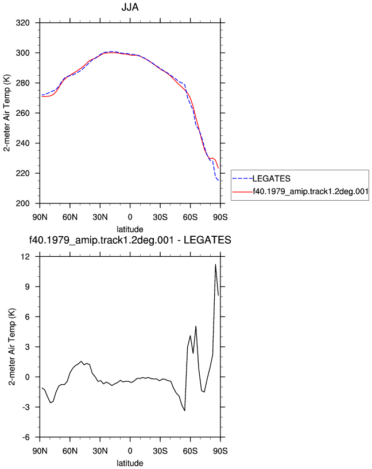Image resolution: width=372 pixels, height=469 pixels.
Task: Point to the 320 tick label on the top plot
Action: coord(23,23)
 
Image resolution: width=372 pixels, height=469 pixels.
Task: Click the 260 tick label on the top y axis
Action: coord(23,113)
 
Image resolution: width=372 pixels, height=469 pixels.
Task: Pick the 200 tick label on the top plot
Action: coord(23,204)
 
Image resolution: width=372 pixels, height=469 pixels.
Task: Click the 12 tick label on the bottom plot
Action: coord(26,256)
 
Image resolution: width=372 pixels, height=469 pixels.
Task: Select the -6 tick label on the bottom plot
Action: coord(26,437)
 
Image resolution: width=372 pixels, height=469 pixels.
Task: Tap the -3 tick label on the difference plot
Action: coord(26,407)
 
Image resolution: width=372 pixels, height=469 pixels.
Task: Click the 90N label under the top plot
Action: coord(40,217)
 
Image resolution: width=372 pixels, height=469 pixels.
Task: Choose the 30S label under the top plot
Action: coord(160,217)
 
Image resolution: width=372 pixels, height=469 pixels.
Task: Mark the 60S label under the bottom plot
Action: coord(190,451)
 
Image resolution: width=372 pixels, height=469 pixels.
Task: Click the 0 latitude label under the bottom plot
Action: coord(130,451)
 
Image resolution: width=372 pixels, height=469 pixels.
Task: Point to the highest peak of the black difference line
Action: coord(215,264)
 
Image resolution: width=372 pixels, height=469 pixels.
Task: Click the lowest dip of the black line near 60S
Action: coord(184,411)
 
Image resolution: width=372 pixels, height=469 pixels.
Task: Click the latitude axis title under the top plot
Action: coord(130,229)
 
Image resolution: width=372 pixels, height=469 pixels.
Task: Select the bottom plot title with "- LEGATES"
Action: coord(130,240)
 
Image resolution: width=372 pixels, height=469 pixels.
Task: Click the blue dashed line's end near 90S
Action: coord(218,181)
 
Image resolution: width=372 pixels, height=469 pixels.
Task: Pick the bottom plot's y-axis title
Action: coord(11,347)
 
